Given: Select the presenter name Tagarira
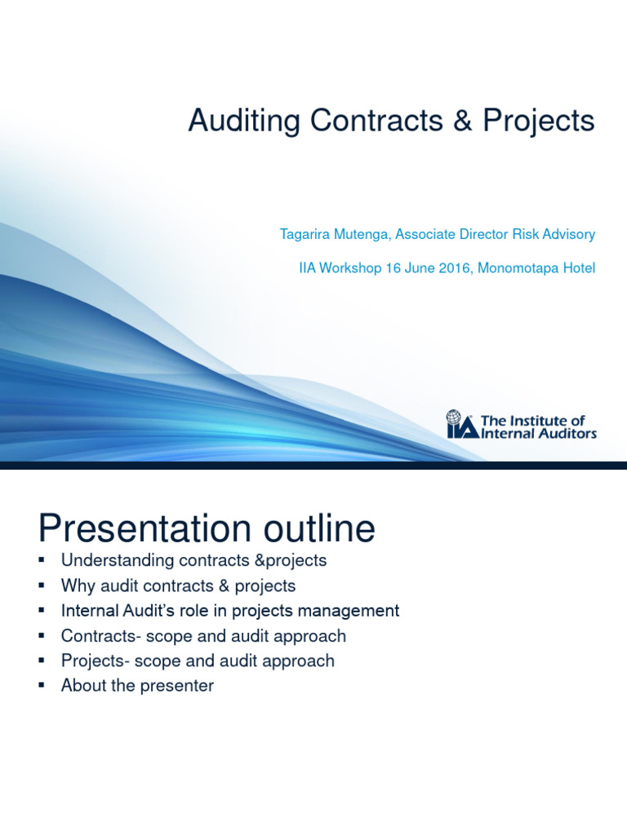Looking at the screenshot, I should point(307,235).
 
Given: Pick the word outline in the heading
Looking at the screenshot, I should point(324,529).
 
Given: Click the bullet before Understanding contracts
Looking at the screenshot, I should point(42,561).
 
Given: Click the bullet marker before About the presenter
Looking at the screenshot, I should point(42,686).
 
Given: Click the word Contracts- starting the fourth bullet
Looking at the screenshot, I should point(96,636).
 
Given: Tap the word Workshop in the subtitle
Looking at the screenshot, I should point(349,267).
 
